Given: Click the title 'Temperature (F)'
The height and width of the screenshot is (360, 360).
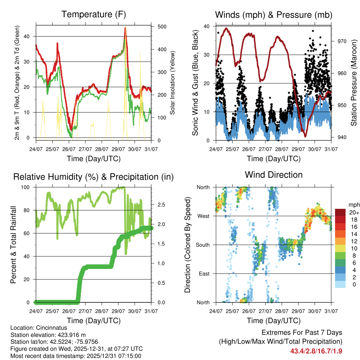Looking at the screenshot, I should coord(94,14).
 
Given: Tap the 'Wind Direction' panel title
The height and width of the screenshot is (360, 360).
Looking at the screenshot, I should coord(274,174).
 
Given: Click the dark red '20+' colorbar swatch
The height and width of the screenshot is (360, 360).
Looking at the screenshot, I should coord(340,212).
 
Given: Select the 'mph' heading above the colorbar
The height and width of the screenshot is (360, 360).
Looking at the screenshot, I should coord(353,205).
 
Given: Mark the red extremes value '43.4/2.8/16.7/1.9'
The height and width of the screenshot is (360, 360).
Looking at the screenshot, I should coord(316,351).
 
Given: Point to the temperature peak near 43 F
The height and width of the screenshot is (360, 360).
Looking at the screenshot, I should coord(125,28).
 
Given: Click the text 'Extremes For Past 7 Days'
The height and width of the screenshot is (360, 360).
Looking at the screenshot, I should coord(302,333).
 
